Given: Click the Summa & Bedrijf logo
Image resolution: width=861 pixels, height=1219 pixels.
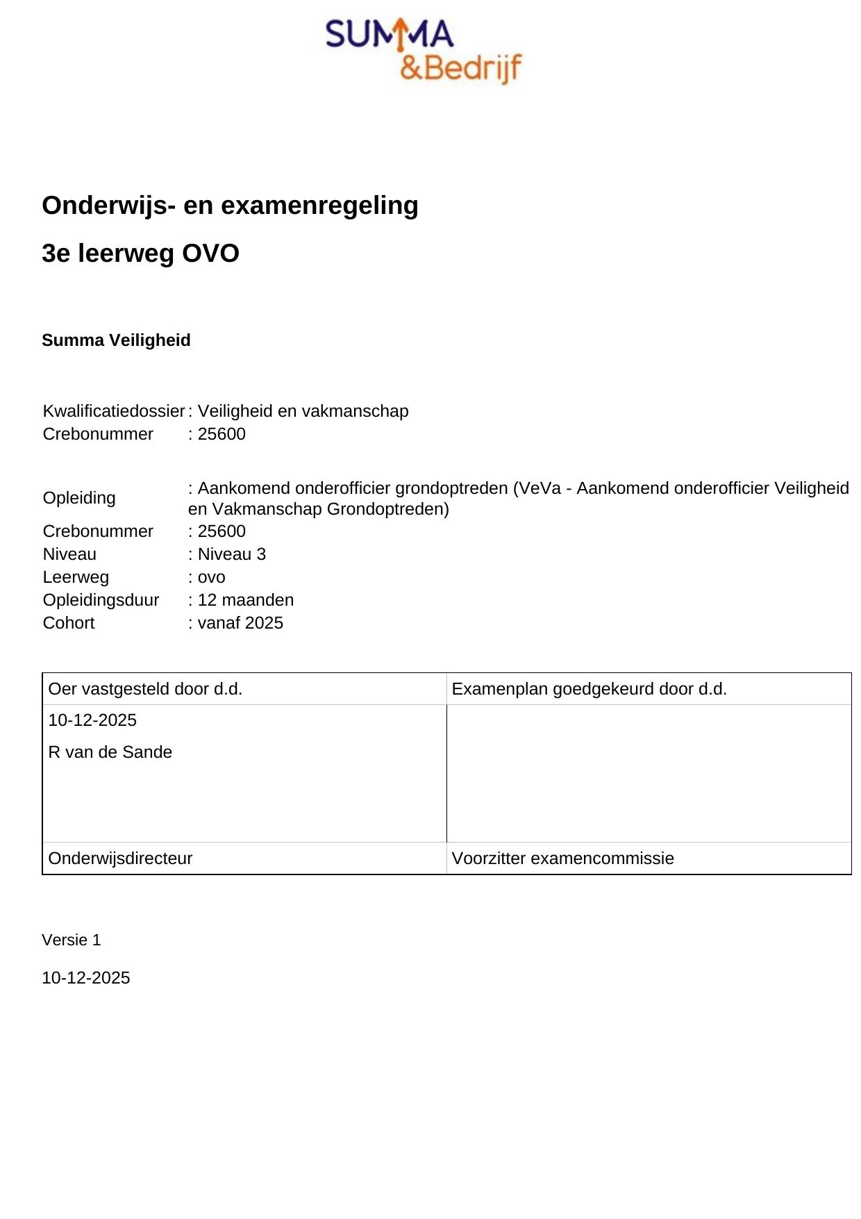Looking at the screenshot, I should (x=424, y=51).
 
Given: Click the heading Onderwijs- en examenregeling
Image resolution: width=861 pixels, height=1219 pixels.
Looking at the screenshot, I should (x=230, y=206).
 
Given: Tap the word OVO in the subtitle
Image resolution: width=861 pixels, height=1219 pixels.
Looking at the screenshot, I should (x=210, y=254).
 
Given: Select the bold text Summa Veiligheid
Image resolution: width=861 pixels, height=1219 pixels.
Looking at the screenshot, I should (x=116, y=340).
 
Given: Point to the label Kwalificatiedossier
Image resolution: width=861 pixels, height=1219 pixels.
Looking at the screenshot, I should (x=113, y=411).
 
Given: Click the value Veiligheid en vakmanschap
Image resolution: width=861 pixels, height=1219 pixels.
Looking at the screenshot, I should (x=303, y=411).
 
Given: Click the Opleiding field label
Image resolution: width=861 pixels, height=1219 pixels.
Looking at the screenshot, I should (x=79, y=498).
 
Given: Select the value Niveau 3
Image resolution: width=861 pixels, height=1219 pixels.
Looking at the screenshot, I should (x=231, y=554).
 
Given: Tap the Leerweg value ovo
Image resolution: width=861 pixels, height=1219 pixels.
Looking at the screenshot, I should (x=211, y=577).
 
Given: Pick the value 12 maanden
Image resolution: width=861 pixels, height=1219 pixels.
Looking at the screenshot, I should (x=245, y=600).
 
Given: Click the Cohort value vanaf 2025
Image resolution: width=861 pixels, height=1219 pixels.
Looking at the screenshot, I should (x=240, y=623).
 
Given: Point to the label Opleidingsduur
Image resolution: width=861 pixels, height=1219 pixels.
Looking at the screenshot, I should (x=101, y=600).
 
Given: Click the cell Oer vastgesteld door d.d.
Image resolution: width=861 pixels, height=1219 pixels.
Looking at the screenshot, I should (x=145, y=689).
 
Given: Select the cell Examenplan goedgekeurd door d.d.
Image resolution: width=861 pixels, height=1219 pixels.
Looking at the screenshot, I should (x=589, y=689).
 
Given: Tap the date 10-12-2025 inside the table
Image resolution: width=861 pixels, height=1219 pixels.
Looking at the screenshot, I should (x=92, y=720).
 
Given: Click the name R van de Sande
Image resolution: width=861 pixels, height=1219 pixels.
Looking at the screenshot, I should (x=110, y=752).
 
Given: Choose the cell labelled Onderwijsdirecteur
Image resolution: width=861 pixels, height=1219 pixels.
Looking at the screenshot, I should (x=120, y=859).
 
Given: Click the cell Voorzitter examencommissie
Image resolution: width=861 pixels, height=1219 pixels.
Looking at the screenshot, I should (x=562, y=859).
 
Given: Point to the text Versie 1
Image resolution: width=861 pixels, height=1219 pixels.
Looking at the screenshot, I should (x=72, y=940).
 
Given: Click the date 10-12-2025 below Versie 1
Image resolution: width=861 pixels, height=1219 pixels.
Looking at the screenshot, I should (x=86, y=978).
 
